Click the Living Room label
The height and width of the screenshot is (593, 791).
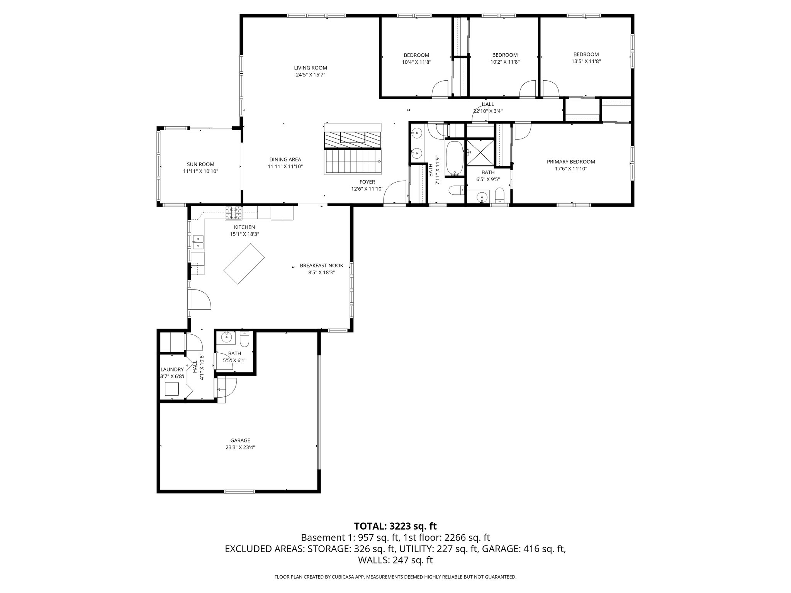[x=310, y=68]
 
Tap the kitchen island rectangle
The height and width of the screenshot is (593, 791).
[x=244, y=264]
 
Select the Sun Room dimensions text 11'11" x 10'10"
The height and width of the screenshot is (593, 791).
[x=200, y=171]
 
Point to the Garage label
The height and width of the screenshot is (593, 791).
[x=240, y=440]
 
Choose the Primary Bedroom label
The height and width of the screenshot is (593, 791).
[x=570, y=162]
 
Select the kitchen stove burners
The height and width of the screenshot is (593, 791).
[x=234, y=213]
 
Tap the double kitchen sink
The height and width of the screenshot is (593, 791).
[x=198, y=242]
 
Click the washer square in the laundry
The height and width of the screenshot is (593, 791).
[x=172, y=389]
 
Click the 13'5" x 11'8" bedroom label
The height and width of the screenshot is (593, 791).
[x=586, y=54]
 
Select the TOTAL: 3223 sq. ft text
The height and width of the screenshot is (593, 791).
[x=395, y=526]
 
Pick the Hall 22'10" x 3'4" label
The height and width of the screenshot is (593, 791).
[x=488, y=104]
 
